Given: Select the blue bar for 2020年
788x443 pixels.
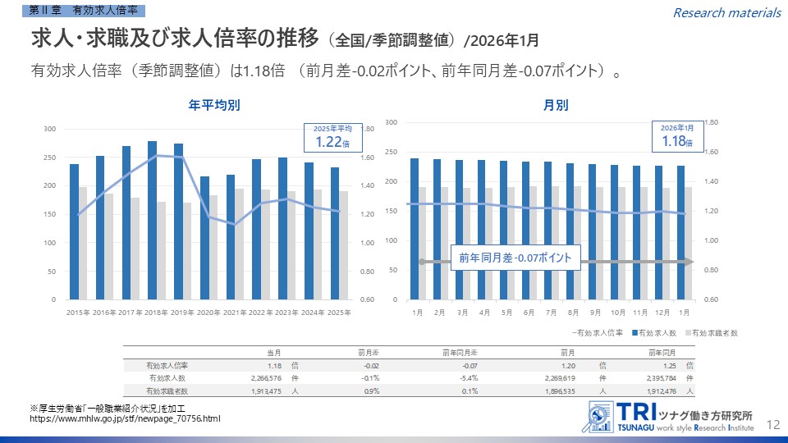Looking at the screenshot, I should pyautogui.click(x=204, y=238).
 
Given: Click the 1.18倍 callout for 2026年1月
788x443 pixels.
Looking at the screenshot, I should pyautogui.click(x=677, y=137).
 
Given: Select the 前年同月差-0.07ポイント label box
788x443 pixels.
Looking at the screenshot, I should pyautogui.click(x=515, y=258).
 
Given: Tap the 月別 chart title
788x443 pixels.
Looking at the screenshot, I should pyautogui.click(x=555, y=106).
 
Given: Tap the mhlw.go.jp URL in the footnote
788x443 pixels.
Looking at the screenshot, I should pyautogui.click(x=125, y=419).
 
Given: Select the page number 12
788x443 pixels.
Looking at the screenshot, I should pyautogui.click(x=772, y=424).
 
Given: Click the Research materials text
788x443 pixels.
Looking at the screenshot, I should pyautogui.click(x=726, y=12).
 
